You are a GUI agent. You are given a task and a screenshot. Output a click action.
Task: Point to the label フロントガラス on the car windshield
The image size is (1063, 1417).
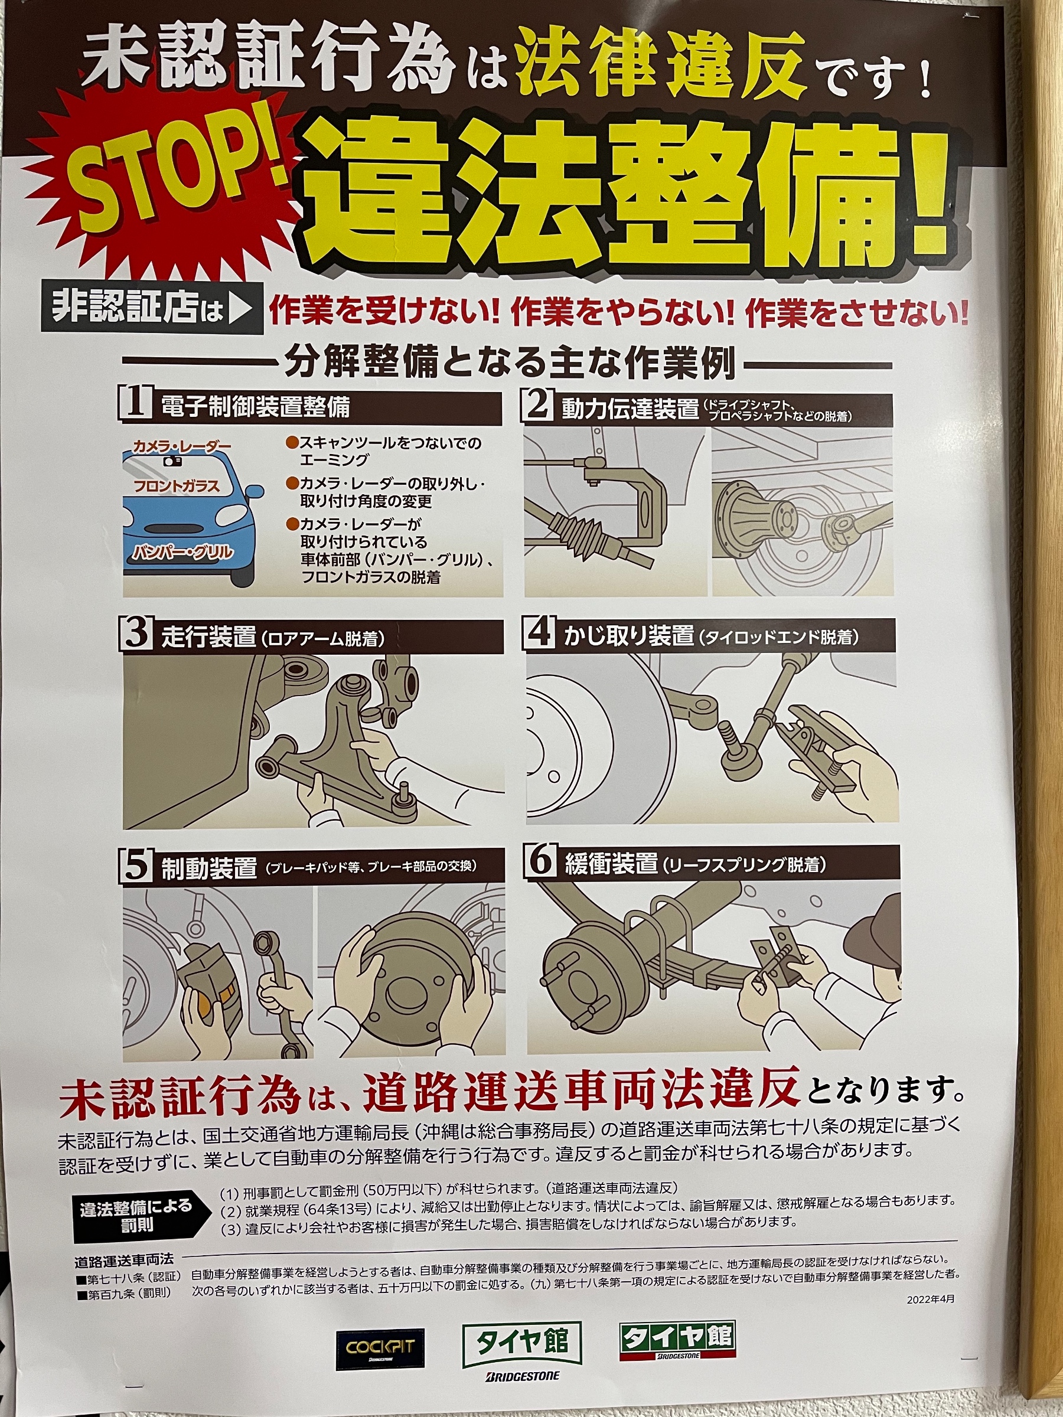[177, 485]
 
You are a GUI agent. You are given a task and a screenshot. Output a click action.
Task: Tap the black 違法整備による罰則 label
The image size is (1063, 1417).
[136, 1215]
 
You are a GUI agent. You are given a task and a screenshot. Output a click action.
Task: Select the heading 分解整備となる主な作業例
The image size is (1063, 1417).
[510, 364]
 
